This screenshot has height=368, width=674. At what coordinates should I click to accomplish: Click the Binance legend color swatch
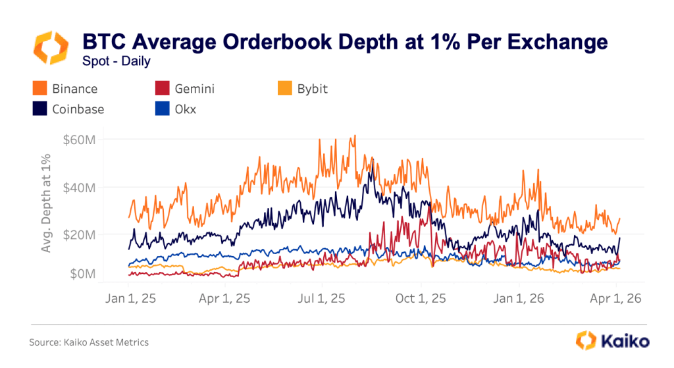[40, 88]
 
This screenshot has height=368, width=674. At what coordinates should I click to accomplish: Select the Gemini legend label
[195, 88]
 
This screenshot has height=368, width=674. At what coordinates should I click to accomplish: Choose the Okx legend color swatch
[162, 109]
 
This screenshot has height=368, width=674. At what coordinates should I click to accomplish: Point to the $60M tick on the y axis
[79, 140]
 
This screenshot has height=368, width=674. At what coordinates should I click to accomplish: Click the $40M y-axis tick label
[79, 187]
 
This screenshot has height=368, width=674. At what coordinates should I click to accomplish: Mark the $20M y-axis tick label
[79, 234]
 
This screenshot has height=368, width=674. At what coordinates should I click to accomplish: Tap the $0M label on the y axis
[82, 273]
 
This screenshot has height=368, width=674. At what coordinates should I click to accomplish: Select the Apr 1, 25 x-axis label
[224, 298]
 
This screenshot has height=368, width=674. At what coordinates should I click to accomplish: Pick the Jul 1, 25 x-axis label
[322, 298]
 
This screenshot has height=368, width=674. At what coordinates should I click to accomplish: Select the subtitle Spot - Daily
[117, 61]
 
